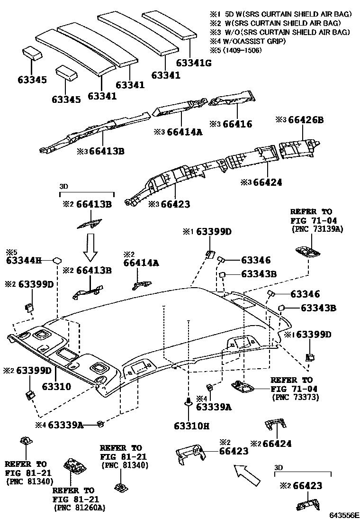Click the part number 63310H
[189, 426]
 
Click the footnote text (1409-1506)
[243, 50]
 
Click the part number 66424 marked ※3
[268, 182]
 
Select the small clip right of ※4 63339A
[100, 423]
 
